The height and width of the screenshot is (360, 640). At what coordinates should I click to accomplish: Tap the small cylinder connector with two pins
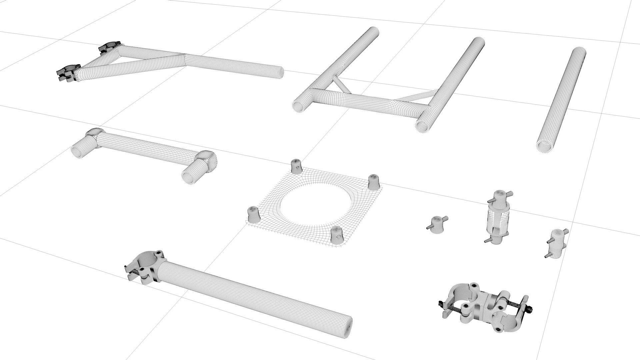point(556,243)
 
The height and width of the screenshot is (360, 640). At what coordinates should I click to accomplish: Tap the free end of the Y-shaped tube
point(279,72)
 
